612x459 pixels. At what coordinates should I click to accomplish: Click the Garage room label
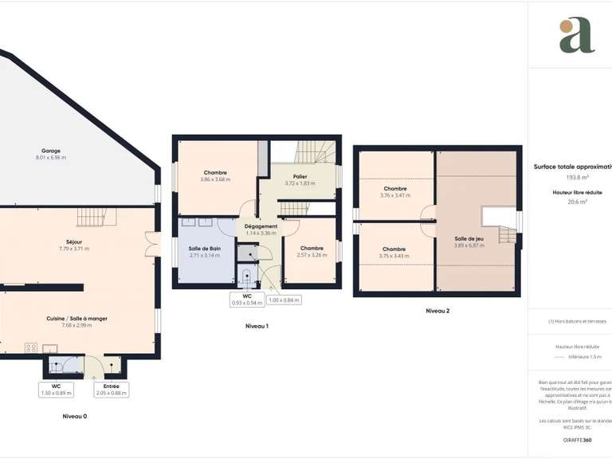(51, 151)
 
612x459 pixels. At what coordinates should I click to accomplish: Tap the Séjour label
(74, 241)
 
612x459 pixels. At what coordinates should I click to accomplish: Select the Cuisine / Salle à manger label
(84, 318)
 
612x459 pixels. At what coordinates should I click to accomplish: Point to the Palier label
(300, 177)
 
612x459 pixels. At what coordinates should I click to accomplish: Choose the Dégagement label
(261, 226)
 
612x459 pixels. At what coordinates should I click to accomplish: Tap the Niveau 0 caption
(75, 416)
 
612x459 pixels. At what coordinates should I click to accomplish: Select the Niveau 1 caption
(257, 326)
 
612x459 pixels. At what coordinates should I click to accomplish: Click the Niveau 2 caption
(437, 310)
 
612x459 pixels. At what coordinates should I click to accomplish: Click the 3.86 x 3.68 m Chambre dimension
(215, 179)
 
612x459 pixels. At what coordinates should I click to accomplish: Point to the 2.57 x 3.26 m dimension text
(312, 255)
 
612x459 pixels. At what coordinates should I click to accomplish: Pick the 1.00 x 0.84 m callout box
(283, 300)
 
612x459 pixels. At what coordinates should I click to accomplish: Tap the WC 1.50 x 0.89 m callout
(56, 389)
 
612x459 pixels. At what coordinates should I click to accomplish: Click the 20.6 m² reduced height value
(576, 202)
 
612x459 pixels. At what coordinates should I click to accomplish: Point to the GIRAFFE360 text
(577, 440)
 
